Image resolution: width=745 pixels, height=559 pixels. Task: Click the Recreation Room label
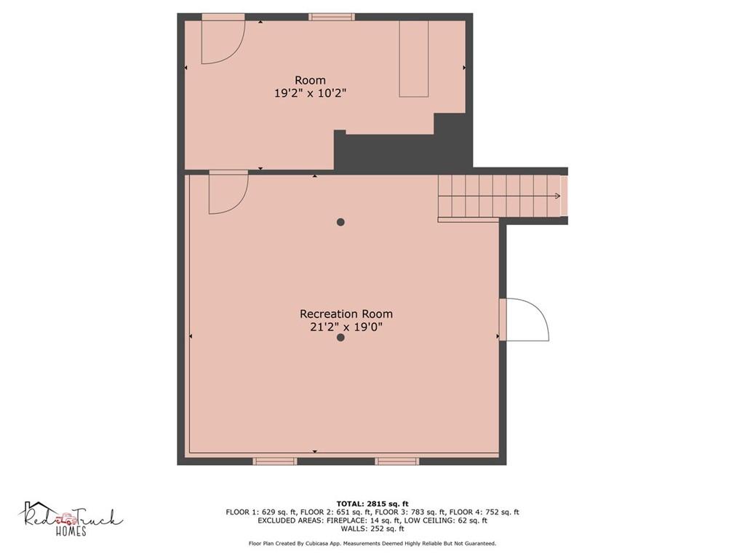(346, 314)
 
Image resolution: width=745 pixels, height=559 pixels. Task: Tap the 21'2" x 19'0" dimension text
(346, 327)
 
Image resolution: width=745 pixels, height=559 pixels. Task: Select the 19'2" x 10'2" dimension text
(310, 93)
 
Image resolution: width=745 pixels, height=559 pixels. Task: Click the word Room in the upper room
(310, 80)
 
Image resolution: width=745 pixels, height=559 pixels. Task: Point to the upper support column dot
(340, 222)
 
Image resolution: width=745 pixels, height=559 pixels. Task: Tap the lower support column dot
(340, 338)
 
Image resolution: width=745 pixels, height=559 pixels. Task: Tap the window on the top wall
(332, 17)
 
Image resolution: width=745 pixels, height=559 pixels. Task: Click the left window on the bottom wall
(274, 461)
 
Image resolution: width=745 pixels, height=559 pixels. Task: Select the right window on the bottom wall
(397, 461)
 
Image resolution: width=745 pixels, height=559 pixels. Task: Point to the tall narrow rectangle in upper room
(414, 58)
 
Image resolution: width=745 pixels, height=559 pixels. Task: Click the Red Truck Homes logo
(71, 519)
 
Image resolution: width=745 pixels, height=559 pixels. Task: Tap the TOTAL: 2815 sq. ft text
(372, 504)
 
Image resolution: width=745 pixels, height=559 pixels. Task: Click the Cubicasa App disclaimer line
(372, 543)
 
